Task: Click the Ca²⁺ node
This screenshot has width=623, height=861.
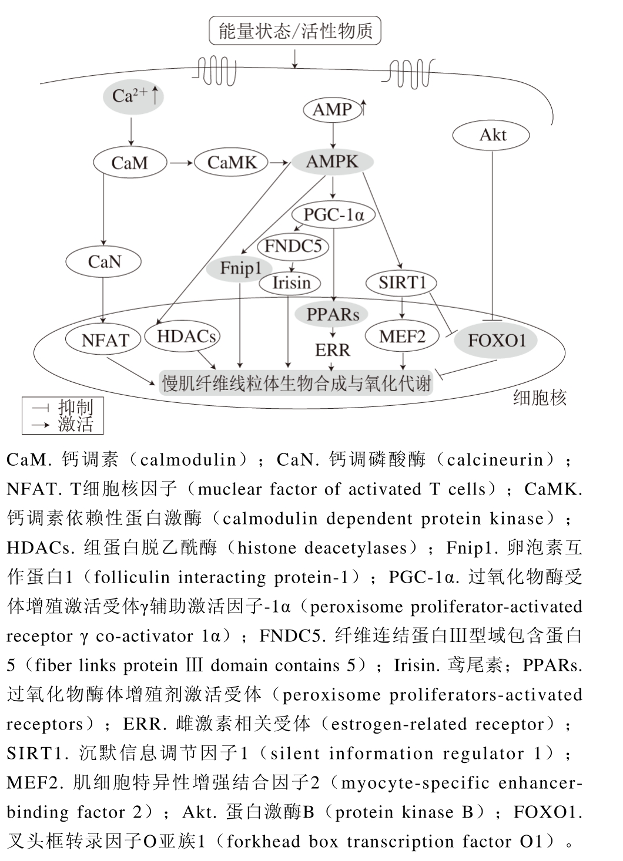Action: point(131,96)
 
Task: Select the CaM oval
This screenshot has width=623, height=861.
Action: point(130,163)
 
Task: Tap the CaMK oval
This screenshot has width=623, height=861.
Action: point(231,163)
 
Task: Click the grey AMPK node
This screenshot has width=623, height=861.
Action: point(332,162)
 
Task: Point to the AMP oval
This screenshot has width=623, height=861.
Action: point(333,110)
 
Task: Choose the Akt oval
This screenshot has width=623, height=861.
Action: point(492,136)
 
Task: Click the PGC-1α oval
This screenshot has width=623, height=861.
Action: point(333,215)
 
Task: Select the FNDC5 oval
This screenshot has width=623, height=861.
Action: point(293,246)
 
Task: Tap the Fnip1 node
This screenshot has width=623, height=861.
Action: point(241,268)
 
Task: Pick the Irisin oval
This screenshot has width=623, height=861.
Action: point(291,283)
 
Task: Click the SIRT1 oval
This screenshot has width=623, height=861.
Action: point(401,282)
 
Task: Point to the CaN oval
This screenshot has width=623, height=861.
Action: point(104,262)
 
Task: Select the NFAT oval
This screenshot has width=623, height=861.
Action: point(105,340)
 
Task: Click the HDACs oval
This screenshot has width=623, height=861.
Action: point(186,337)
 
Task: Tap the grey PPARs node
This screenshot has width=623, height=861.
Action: point(333,314)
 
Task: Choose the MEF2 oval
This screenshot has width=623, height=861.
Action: point(402,337)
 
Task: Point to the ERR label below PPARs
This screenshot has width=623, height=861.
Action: point(333,351)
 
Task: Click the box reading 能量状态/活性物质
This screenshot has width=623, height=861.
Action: point(295,31)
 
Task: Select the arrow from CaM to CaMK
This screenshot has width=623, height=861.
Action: point(180,163)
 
